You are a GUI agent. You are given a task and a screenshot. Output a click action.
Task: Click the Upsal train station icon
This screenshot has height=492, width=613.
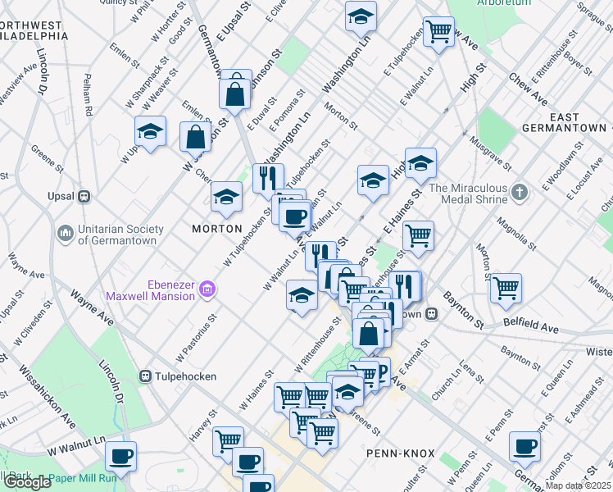84,197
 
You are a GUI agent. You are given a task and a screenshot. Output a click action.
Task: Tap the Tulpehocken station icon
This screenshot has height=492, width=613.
146,376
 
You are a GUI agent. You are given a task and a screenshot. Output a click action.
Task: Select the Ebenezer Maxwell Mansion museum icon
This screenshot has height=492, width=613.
208,289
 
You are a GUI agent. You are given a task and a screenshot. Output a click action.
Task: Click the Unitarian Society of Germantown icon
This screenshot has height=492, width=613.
65,235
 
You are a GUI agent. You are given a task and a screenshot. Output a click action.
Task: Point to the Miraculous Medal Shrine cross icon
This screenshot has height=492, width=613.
519,194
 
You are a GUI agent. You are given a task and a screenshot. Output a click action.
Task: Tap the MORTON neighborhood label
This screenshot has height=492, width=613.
217,228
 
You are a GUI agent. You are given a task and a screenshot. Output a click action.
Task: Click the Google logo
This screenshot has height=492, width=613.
26,482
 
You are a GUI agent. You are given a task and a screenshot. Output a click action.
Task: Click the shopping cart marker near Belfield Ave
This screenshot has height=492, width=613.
506,287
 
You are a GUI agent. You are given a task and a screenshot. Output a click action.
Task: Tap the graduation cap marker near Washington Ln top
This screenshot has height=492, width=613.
360,16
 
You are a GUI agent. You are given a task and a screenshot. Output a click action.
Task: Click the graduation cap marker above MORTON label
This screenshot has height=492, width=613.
227,196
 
